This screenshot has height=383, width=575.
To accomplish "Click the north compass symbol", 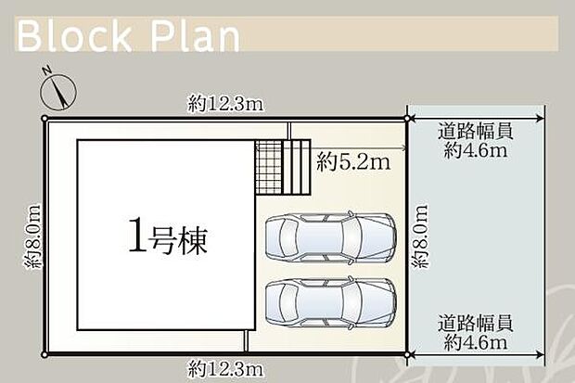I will (x=58, y=92).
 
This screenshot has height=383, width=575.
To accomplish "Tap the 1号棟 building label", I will (x=167, y=239).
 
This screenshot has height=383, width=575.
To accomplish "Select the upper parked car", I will (x=330, y=238).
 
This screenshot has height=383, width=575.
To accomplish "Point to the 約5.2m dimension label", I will (x=352, y=162).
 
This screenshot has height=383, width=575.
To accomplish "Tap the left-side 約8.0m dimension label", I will (x=32, y=236).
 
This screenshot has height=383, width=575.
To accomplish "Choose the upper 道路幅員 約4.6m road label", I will (x=476, y=142).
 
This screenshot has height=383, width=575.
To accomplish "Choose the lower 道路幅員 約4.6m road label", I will (x=476, y=333).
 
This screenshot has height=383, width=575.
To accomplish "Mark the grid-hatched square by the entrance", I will (x=268, y=167).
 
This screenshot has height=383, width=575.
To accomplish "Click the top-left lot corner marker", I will (x=45, y=119).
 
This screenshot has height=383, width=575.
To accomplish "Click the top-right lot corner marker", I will (x=407, y=118).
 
